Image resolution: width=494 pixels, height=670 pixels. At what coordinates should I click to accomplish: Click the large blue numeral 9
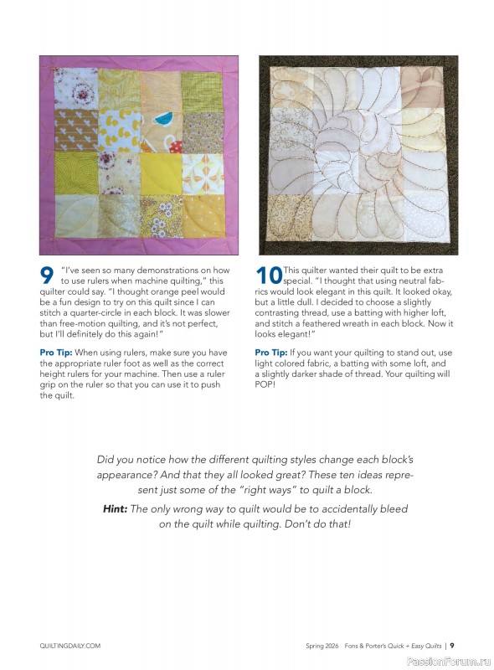point(48,277)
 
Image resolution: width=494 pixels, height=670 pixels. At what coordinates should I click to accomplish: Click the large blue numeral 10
point(267,277)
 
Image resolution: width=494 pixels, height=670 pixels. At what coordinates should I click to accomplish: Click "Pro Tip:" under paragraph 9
point(58,353)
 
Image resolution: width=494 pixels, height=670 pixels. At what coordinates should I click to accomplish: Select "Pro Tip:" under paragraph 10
point(273,353)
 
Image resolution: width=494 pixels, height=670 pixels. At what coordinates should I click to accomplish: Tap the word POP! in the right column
point(268,396)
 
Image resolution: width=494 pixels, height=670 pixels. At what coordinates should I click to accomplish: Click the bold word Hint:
point(115,508)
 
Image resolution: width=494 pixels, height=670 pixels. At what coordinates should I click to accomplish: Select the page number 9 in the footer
point(451,646)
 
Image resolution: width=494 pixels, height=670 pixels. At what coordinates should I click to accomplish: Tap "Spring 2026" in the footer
point(323,646)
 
